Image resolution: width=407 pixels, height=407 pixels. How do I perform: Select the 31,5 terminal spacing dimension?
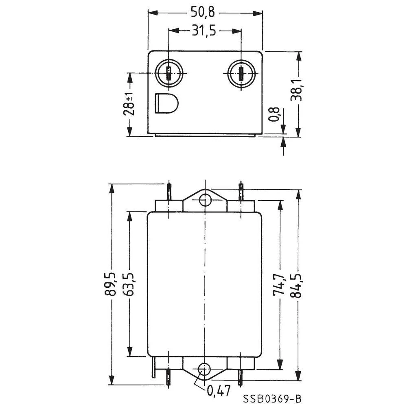pyautogui.click(x=205, y=31)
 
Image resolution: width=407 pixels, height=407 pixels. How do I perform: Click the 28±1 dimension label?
pyautogui.click(x=129, y=104)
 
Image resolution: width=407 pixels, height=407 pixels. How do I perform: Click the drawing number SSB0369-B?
pyautogui.click(x=273, y=398)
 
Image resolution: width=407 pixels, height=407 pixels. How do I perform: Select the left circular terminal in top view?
pyautogui.click(x=168, y=74)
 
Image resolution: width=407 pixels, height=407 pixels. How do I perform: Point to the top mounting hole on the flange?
pyautogui.click(x=205, y=200)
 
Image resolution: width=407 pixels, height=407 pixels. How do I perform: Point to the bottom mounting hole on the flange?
pyautogui.click(x=203, y=370)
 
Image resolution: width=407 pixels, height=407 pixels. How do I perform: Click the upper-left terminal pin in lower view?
pyautogui.click(x=168, y=191)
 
